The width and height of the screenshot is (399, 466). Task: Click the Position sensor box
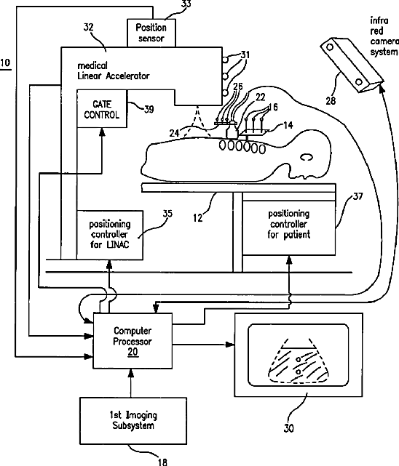[x=151, y=33]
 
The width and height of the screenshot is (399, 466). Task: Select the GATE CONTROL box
[x=102, y=109]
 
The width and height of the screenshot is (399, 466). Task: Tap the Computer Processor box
[x=133, y=340]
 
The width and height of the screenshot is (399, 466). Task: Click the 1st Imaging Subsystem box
[x=133, y=420]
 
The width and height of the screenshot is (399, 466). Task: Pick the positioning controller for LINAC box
[x=110, y=235]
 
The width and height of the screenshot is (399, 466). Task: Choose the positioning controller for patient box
[x=289, y=228]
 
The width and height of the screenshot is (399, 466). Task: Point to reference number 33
[x=186, y=4]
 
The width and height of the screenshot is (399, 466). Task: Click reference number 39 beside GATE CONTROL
[x=149, y=109]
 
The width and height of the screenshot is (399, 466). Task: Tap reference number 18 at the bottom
[x=162, y=462]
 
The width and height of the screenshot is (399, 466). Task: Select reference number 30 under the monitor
[x=288, y=428]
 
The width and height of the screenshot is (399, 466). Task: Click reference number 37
[x=357, y=196]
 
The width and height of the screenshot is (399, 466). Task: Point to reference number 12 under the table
[x=197, y=218]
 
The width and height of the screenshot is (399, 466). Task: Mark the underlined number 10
[x=5, y=63]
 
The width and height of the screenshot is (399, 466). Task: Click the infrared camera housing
[x=352, y=65]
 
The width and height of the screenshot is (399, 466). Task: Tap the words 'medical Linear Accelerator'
[x=113, y=71]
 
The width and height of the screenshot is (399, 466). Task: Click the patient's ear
[x=307, y=157]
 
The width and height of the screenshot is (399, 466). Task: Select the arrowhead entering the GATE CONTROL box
[x=102, y=132]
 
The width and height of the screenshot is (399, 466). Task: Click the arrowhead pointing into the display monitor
[x=230, y=345]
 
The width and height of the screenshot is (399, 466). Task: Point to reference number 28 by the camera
[x=331, y=101]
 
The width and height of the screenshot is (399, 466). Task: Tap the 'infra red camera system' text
[x=384, y=36]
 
